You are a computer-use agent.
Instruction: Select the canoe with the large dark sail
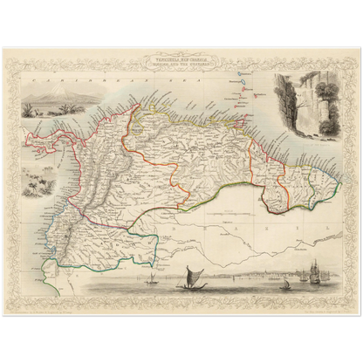(x=187, y=278)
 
